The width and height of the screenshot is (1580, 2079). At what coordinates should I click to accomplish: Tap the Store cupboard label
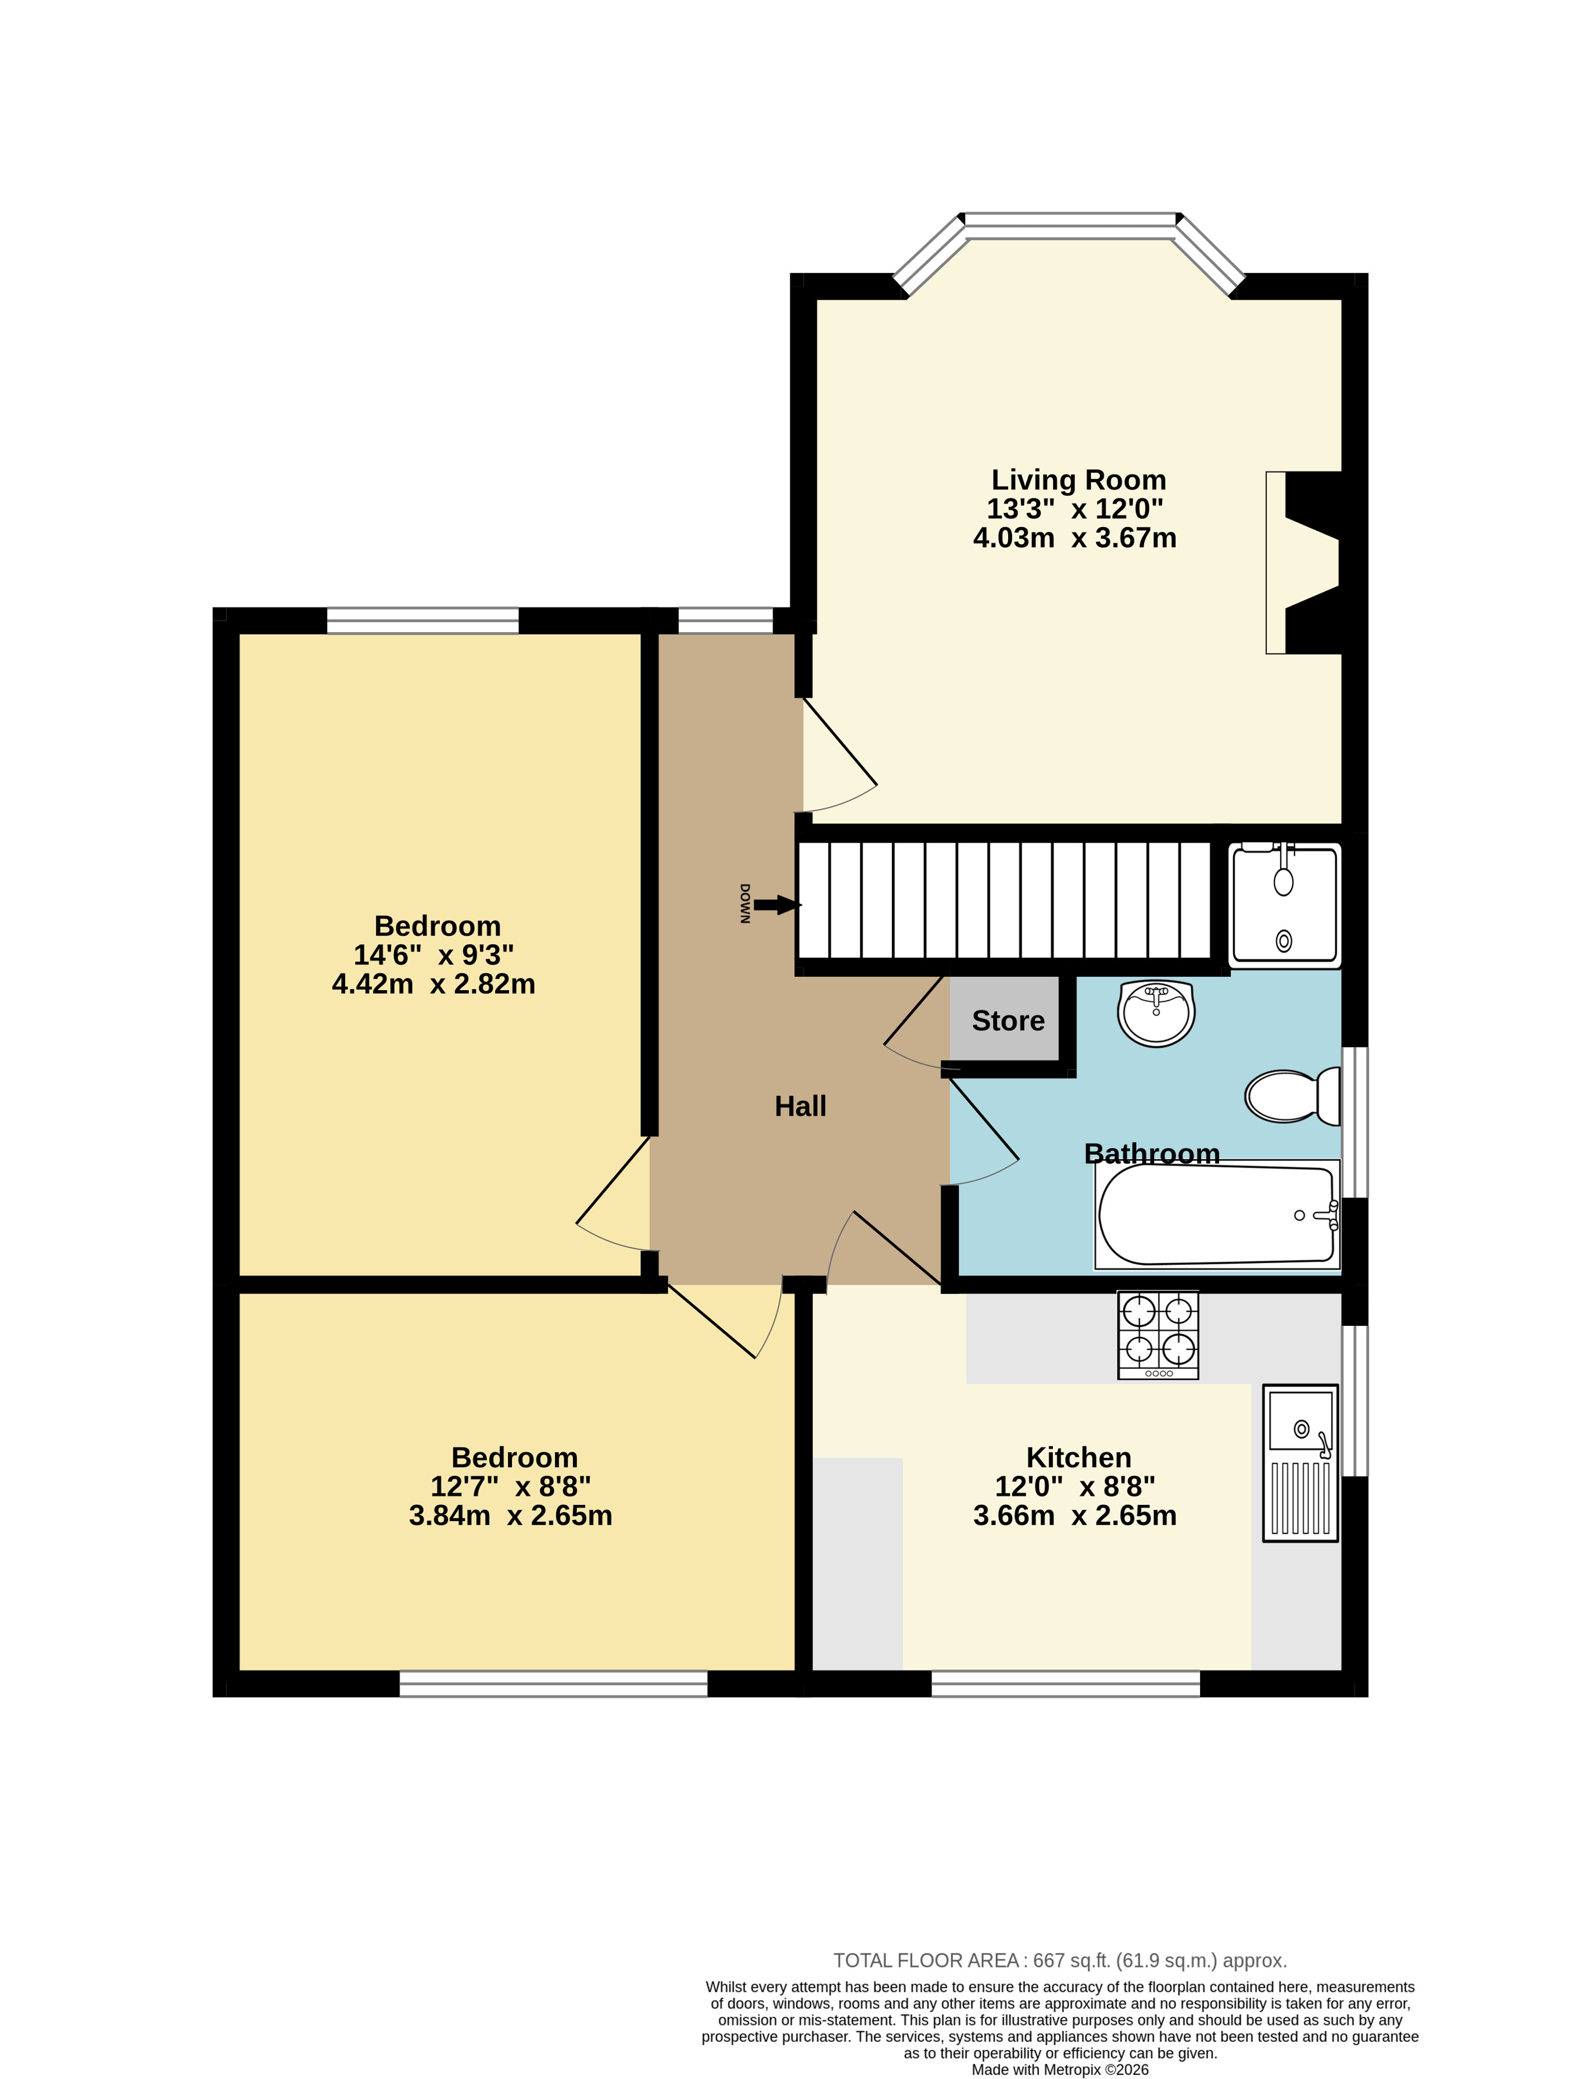click(x=1008, y=1020)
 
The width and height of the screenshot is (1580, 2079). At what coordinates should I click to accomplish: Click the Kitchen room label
click(x=1079, y=1457)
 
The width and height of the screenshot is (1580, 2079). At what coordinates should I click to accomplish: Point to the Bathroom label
click(x=1152, y=1154)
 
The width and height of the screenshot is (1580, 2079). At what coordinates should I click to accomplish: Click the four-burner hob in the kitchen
click(x=1158, y=1335)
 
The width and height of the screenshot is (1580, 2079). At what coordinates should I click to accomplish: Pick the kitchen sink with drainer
click(x=1300, y=1462)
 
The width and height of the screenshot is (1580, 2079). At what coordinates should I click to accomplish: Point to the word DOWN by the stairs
click(x=744, y=904)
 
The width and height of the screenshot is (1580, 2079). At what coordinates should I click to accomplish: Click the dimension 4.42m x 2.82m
click(x=433, y=984)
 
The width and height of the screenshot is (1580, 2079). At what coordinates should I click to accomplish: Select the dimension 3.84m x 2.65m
click(x=511, y=1516)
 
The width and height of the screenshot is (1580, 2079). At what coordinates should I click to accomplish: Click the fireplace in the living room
click(x=1303, y=562)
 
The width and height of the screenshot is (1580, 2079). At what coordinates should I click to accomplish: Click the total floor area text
click(x=1060, y=1960)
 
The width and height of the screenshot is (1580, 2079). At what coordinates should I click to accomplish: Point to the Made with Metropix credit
click(x=1060, y=2070)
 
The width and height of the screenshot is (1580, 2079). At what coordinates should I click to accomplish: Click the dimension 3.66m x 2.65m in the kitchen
click(x=1075, y=1516)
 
